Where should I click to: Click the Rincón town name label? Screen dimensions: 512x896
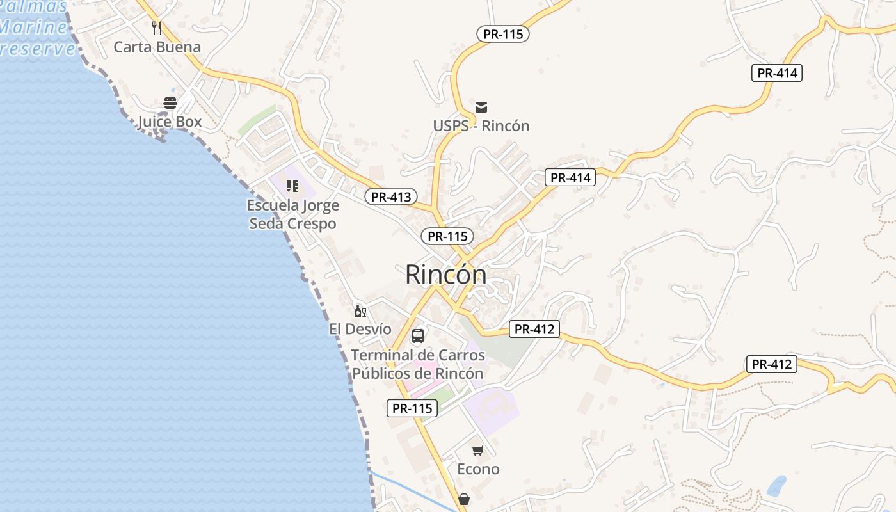(445, 275)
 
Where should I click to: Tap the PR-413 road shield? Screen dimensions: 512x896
(391, 196)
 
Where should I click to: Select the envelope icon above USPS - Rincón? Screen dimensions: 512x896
(481, 107)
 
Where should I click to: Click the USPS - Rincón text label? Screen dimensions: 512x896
(481, 125)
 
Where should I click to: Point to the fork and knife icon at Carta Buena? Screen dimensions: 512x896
(157, 28)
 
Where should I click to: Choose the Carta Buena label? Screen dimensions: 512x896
(157, 47)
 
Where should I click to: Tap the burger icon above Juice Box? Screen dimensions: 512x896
(170, 102)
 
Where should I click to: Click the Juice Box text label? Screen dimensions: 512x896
(170, 122)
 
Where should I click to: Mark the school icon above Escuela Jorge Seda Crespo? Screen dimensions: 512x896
(292, 186)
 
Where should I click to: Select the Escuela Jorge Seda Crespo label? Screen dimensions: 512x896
(292, 214)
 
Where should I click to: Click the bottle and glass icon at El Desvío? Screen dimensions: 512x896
(360, 311)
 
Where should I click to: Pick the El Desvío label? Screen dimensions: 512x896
(360, 329)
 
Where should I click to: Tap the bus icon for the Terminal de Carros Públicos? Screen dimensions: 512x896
(418, 335)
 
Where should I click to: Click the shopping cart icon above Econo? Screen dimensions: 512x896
(478, 451)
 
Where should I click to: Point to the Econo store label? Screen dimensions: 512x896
(478, 469)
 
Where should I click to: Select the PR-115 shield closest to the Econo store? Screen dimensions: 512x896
(412, 408)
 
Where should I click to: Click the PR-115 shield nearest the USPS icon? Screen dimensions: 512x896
(503, 34)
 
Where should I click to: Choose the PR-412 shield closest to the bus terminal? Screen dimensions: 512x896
(534, 329)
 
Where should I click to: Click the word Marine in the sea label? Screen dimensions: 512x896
(33, 27)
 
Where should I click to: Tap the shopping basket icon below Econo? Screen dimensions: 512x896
(464, 499)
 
